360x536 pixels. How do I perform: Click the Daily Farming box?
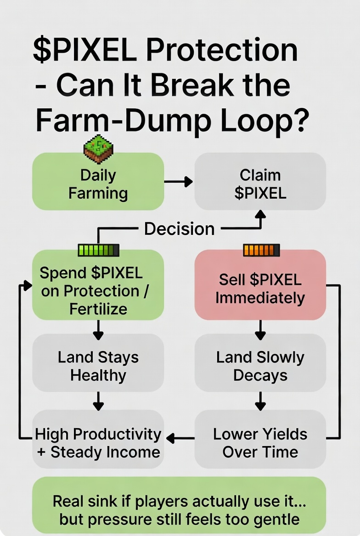(x=98, y=184)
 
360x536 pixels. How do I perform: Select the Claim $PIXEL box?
(x=260, y=184)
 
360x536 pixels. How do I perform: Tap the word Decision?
(x=180, y=229)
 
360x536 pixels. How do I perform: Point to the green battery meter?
(x=99, y=250)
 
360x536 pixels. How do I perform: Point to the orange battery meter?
(x=261, y=250)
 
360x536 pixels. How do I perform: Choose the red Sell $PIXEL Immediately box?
(x=260, y=289)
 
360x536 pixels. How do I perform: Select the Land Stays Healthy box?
(x=98, y=366)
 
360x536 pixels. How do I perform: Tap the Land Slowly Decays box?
(x=260, y=366)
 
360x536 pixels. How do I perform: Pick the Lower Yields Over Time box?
(x=260, y=442)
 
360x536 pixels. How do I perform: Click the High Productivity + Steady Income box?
(x=98, y=442)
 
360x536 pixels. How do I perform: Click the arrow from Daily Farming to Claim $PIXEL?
(x=179, y=182)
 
